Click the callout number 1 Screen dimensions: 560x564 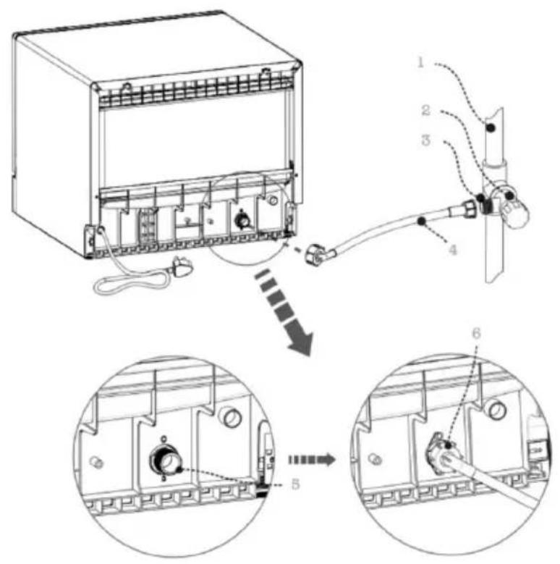(420, 62)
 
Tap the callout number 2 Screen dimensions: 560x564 (426, 110)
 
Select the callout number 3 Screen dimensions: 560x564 (426, 140)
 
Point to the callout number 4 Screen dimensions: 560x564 (453, 249)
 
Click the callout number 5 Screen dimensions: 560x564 (295, 484)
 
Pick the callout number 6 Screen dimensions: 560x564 (476, 334)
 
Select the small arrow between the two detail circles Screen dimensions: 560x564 (312, 460)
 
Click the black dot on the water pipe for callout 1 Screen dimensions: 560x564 (490, 127)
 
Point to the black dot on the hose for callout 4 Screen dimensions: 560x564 (421, 221)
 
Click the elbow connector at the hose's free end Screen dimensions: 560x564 (315, 254)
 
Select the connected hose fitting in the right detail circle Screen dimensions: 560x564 (441, 455)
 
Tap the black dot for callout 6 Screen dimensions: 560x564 (448, 445)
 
